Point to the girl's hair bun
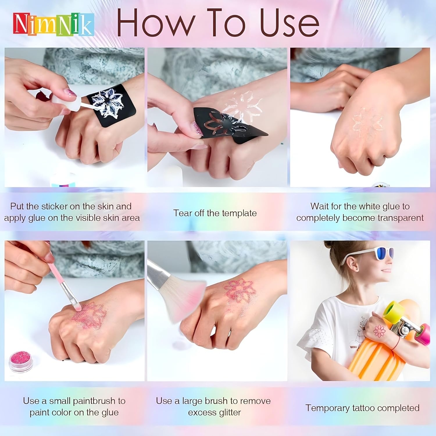331,246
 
